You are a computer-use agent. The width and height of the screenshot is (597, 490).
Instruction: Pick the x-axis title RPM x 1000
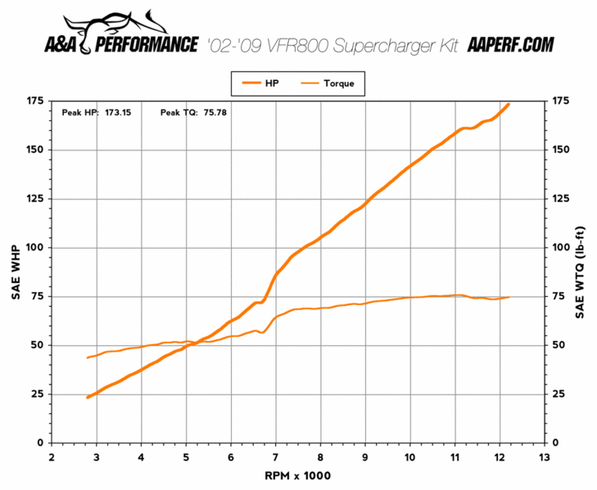[296, 475]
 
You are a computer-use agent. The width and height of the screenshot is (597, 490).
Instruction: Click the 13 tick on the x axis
[544, 456]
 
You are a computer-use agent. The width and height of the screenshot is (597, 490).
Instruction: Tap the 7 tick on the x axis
[275, 456]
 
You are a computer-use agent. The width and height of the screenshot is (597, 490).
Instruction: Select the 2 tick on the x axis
[52, 456]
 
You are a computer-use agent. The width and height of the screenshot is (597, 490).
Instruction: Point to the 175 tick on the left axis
[34, 101]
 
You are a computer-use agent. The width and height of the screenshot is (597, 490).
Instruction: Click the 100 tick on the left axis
[34, 247]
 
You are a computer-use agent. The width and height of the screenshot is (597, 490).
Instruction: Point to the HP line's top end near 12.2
[509, 104]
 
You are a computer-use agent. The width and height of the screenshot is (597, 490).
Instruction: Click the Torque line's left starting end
[88, 357]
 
